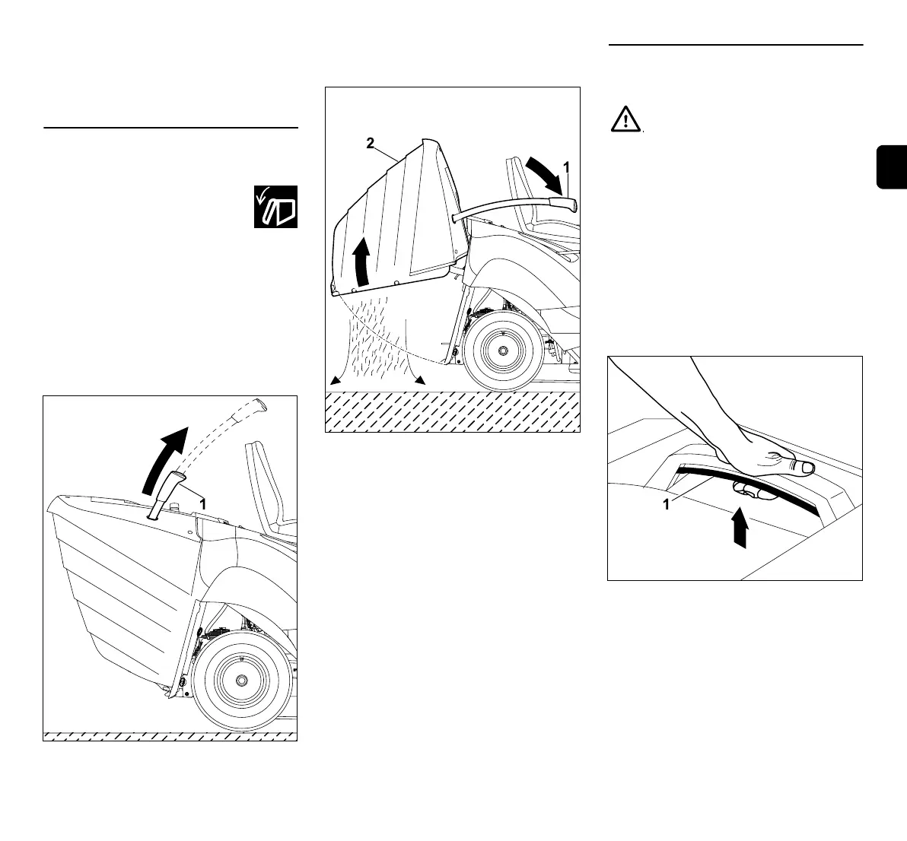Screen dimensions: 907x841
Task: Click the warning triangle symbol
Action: point(625,120)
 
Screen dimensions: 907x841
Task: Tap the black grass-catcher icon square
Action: point(275,206)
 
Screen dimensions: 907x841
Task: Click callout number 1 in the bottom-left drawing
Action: point(202,503)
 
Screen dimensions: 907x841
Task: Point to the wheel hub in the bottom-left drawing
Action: point(241,678)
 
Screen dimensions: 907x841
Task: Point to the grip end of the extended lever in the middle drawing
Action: point(566,205)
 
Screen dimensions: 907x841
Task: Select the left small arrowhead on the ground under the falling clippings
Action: point(333,380)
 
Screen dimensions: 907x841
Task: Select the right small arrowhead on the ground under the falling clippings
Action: point(418,380)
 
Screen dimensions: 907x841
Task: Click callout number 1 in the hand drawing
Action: point(666,504)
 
